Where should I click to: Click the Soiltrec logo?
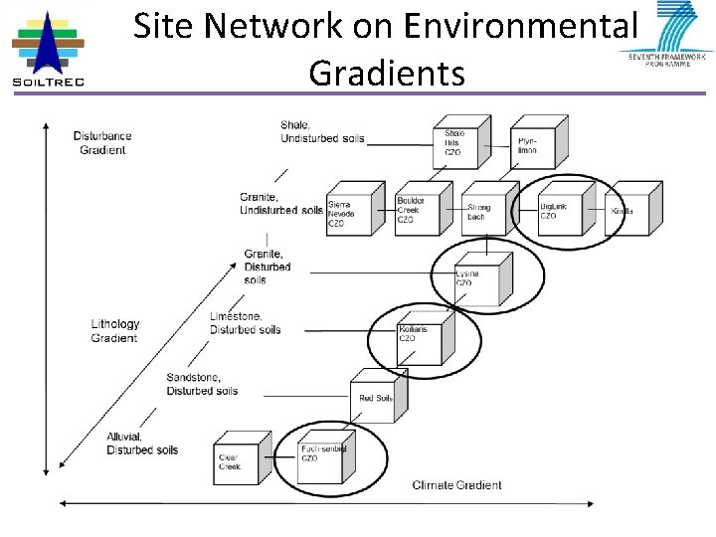pos(47,48)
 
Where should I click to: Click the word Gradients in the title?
pos(387,73)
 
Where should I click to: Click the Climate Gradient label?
pos(456,485)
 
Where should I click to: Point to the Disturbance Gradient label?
pos(102,143)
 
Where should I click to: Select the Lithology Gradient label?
pos(115,331)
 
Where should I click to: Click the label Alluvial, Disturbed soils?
pos(141,444)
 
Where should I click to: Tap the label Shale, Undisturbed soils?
pos(322,131)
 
